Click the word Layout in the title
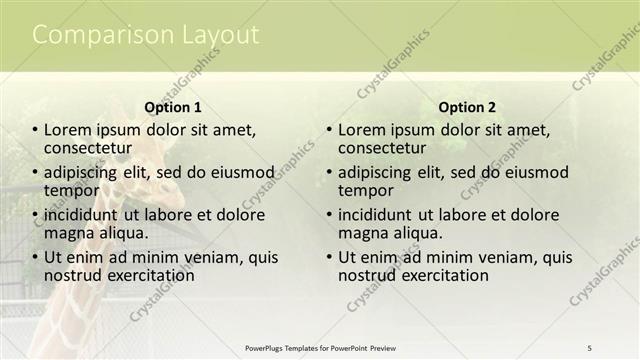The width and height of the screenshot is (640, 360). click(x=219, y=35)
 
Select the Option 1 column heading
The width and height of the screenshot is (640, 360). click(x=173, y=107)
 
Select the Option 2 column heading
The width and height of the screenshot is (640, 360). click(x=467, y=107)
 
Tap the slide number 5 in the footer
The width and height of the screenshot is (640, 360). click(x=589, y=347)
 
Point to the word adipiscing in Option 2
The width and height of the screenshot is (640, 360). click(x=374, y=172)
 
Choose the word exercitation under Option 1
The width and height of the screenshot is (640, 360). click(x=146, y=275)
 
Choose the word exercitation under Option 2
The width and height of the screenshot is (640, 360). click(x=440, y=275)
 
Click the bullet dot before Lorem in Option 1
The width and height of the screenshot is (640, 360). click(x=35, y=130)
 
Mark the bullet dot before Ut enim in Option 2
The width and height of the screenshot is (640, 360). click(x=329, y=258)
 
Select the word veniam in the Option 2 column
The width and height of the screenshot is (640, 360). click(x=487, y=257)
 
